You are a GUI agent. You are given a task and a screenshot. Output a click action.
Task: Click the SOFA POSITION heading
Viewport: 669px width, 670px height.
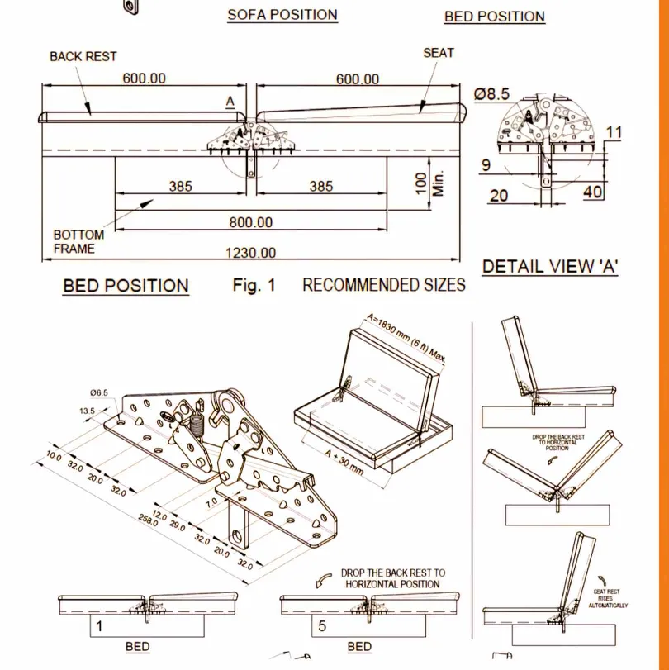click(282, 15)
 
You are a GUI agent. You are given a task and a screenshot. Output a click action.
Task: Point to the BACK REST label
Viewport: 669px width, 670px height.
click(83, 56)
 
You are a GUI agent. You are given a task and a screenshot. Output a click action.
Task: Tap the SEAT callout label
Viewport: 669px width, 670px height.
click(439, 52)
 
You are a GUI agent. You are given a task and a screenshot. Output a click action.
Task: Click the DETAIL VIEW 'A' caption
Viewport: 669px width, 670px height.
click(551, 266)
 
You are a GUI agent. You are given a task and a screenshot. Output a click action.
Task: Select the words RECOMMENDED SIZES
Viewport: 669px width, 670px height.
click(383, 286)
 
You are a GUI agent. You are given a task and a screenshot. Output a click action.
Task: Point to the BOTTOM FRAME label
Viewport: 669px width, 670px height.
click(78, 241)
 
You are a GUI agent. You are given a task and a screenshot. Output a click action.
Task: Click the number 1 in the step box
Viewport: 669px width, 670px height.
click(99, 625)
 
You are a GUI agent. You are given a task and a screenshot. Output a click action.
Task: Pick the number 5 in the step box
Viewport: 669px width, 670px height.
click(322, 625)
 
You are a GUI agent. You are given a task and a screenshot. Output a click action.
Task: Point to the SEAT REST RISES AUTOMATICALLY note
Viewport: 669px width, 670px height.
click(607, 598)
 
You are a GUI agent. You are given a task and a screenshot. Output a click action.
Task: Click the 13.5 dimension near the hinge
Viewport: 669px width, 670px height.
click(87, 411)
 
